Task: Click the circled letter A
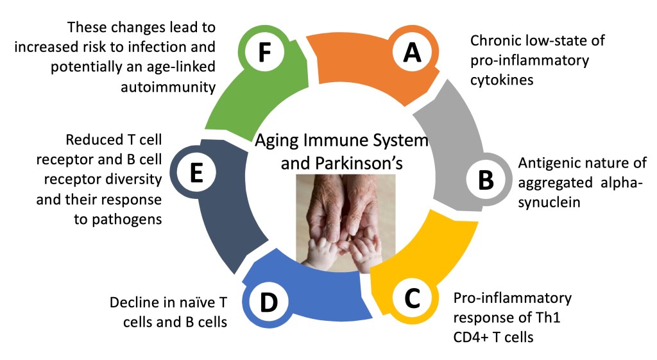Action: click(412, 53)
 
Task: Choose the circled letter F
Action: click(262, 53)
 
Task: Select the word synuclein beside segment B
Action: click(551, 204)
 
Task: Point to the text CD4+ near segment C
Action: click(475, 336)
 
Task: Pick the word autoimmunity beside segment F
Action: click(167, 87)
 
